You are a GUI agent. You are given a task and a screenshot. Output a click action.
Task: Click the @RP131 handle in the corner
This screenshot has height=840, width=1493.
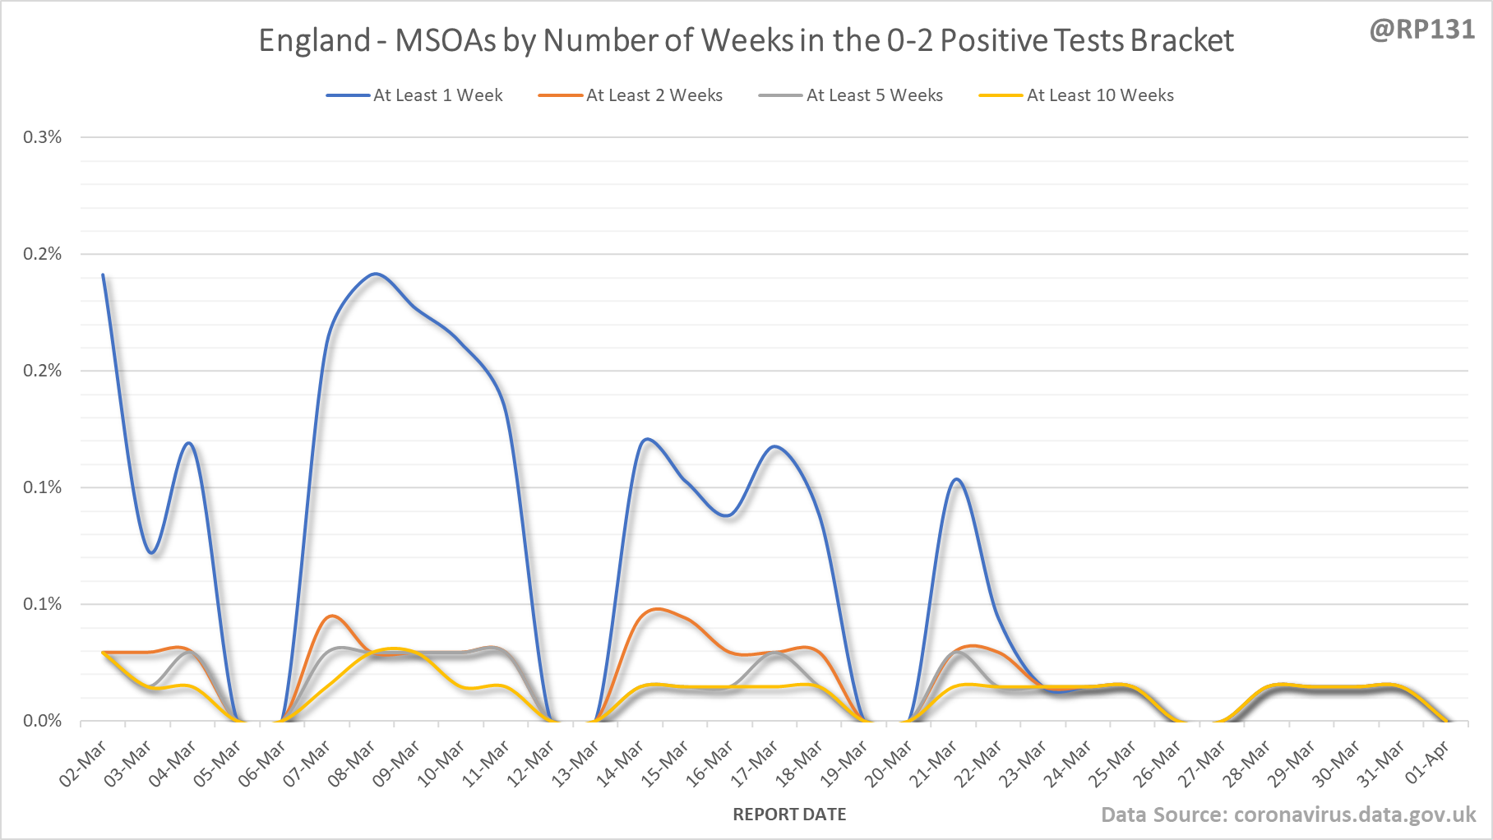click(1421, 30)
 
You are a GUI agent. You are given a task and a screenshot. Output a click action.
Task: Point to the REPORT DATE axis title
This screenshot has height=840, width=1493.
click(789, 815)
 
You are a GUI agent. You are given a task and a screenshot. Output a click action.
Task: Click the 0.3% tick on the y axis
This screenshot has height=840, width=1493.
click(42, 137)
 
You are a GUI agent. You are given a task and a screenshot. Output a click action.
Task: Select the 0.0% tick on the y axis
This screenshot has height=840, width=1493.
click(42, 721)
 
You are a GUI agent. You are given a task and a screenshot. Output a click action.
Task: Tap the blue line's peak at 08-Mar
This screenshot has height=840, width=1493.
click(376, 274)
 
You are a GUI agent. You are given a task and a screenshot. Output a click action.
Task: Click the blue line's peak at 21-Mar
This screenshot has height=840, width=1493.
click(956, 479)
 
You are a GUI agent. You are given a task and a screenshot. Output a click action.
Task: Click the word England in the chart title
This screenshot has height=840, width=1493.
click(314, 40)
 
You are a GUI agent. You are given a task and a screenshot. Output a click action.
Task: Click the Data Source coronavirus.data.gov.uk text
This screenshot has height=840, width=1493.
click(1288, 815)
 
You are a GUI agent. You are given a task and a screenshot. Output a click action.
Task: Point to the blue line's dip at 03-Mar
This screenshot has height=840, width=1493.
click(152, 552)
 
